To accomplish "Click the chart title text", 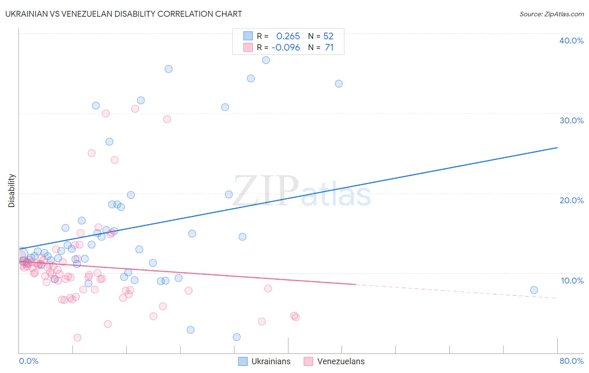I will click(x=124, y=14).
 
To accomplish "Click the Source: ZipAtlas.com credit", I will click(x=551, y=14).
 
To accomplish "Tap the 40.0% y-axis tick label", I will click(x=571, y=41).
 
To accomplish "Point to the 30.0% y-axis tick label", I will click(x=571, y=120).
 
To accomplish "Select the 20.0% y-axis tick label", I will click(x=571, y=200).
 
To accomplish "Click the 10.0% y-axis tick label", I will click(x=571, y=281).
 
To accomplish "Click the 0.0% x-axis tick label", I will click(x=28, y=361).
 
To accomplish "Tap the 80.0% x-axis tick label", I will click(x=571, y=361).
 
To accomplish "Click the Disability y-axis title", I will click(x=12, y=191).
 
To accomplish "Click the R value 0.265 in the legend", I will click(x=288, y=36).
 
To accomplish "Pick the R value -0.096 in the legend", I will click(x=286, y=48).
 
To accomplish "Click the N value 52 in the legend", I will click(x=328, y=36).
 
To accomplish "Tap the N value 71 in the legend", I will click(x=329, y=48).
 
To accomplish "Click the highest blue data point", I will click(x=266, y=60).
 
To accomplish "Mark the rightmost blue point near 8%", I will click(x=534, y=290).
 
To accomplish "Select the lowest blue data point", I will click(x=237, y=337).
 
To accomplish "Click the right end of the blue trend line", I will click(x=557, y=148).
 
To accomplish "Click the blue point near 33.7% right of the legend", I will click(x=339, y=84).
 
